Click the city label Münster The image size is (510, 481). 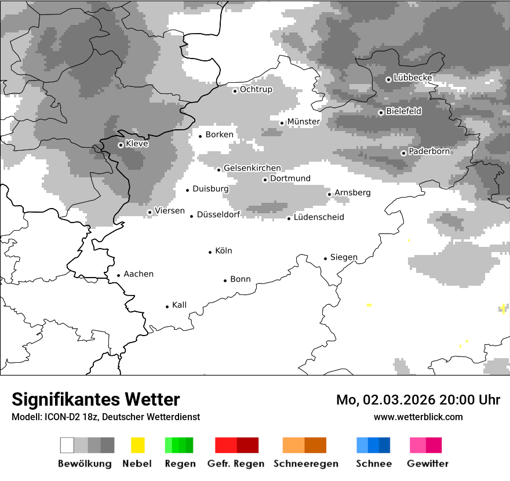(x=303, y=121)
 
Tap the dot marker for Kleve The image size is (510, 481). (x=121, y=145)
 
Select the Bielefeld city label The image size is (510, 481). (x=404, y=111)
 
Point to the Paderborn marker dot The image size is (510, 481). (x=403, y=153)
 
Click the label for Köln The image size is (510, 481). (x=223, y=251)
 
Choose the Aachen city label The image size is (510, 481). (x=139, y=274)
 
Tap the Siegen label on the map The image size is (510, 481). (x=344, y=257)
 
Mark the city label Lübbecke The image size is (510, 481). (x=413, y=78)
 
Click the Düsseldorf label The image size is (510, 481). (x=218, y=214)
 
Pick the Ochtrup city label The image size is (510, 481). (x=256, y=89)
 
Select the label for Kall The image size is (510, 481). (x=179, y=305)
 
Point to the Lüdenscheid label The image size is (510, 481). (x=319, y=217)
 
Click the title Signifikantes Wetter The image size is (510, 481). (x=96, y=399)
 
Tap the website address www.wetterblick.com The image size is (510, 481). (x=418, y=417)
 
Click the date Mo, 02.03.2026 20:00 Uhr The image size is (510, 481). (x=418, y=400)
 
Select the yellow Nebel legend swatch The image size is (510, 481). (x=138, y=445)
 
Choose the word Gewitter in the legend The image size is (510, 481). (x=428, y=464)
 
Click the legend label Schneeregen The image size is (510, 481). (x=306, y=464)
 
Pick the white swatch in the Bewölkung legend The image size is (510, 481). (x=67, y=445)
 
